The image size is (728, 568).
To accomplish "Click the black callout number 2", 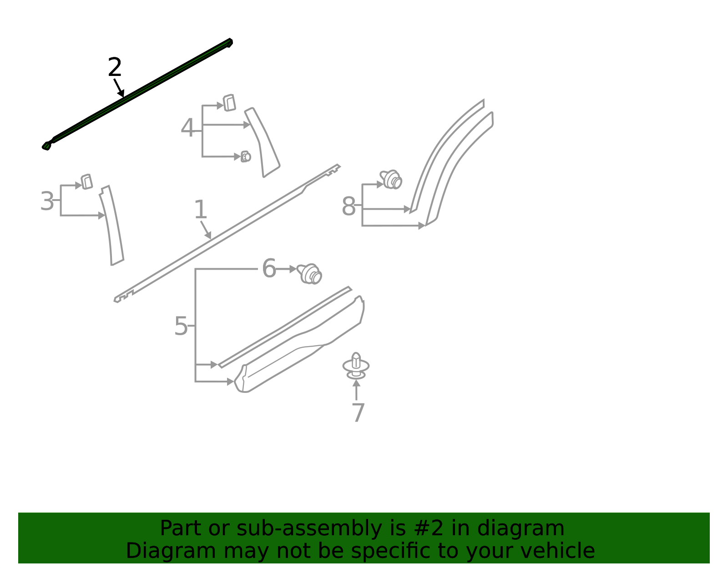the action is tap(115, 67).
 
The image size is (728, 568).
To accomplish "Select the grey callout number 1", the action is tap(200, 209).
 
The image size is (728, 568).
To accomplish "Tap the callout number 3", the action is tap(47, 201).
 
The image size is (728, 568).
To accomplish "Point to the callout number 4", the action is tap(187, 127).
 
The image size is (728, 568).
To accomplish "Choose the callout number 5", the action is tap(181, 326).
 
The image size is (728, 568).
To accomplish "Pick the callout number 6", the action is tap(269, 268).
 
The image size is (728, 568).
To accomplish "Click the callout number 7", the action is tap(358, 412).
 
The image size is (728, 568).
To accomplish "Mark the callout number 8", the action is tap(349, 206).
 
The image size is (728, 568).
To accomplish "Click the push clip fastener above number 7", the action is tap(356, 366).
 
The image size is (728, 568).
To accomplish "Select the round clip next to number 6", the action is tap(309, 273).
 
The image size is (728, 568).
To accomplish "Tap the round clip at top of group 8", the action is tap(391, 179).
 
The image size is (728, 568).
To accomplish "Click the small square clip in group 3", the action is tap(87, 182).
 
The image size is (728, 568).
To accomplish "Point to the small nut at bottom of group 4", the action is tap(246, 156).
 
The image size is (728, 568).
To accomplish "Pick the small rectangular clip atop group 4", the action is tap(229, 103).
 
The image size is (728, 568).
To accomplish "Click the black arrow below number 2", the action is tap(119, 88).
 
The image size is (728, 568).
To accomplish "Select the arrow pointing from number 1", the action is tap(206, 230).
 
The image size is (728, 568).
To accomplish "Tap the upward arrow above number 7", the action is tap(356, 390).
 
